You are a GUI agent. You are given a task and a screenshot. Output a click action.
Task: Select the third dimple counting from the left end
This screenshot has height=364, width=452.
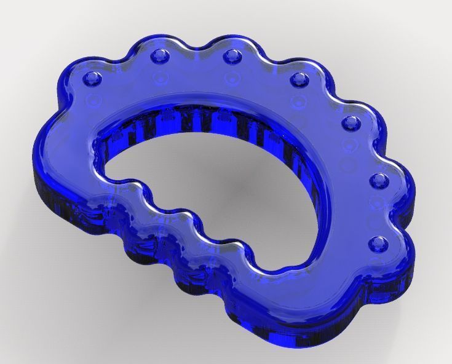[x=232, y=57]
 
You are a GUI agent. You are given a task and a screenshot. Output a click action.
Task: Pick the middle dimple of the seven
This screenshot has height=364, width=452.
[x=299, y=79]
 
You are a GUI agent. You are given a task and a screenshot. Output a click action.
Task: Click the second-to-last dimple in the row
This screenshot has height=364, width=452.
[x=378, y=181]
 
